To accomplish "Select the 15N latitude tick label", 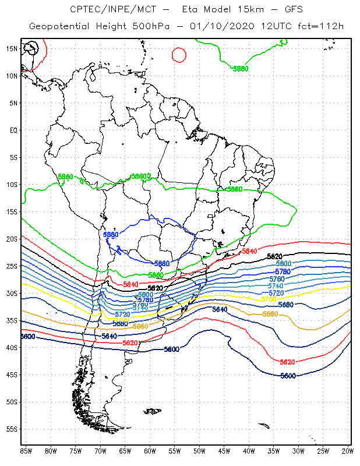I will (x=12, y=48).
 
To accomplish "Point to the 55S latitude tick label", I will (x=12, y=429).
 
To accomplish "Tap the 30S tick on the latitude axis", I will (x=12, y=293).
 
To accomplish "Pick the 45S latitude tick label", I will (x=12, y=375).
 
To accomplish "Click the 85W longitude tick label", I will (x=26, y=451).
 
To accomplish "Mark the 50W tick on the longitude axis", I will (x=199, y=451).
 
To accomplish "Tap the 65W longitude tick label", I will (x=125, y=451).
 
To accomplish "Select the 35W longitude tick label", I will (x=274, y=451).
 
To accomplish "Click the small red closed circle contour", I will (x=179, y=55).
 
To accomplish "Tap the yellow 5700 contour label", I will (x=269, y=299).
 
